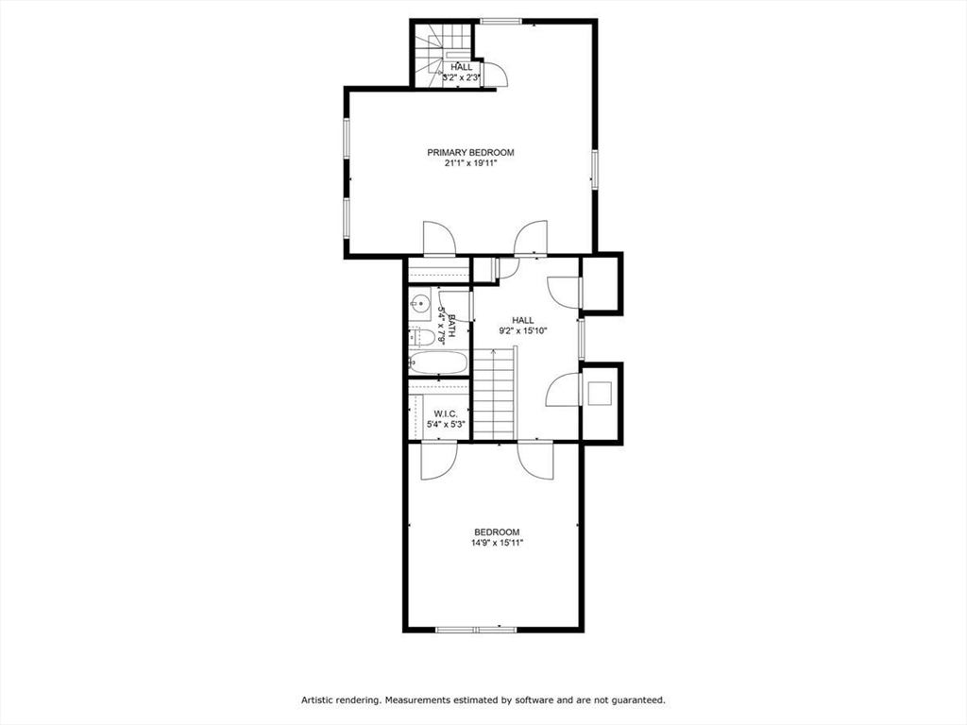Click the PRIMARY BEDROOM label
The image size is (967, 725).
click(x=470, y=152)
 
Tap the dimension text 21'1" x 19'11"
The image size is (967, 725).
click(x=470, y=163)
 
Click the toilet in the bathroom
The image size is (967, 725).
click(x=422, y=337)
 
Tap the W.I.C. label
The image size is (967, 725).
click(x=446, y=414)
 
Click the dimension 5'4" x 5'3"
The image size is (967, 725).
click(x=446, y=425)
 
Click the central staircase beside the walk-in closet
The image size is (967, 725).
click(x=494, y=394)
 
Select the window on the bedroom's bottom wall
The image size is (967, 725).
click(x=476, y=629)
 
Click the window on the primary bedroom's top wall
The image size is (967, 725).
click(x=500, y=21)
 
